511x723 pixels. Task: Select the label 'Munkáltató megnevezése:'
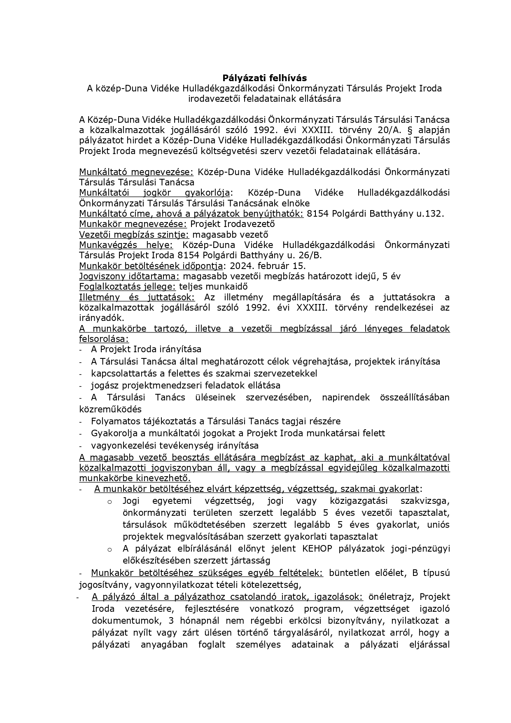136,172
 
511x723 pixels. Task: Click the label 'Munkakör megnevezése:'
133,224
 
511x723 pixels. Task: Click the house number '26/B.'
312,255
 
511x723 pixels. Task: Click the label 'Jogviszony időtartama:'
129,276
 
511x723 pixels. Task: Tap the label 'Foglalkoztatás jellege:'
128,286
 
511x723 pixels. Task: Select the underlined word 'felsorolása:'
104,339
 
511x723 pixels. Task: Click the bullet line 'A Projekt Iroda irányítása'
146,349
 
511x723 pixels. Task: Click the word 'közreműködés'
110,409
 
